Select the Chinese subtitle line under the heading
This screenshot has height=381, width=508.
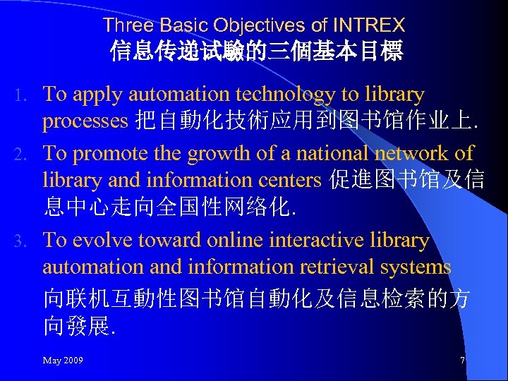click(x=256, y=52)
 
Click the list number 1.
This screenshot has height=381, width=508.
click(x=22, y=95)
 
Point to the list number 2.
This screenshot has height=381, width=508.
click(x=22, y=154)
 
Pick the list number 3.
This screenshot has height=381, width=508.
click(x=22, y=241)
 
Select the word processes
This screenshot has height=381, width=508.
click(x=85, y=121)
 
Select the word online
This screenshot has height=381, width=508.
click(x=215, y=241)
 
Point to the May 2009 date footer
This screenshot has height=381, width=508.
click(x=63, y=361)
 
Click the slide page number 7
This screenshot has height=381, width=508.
click(x=462, y=361)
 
